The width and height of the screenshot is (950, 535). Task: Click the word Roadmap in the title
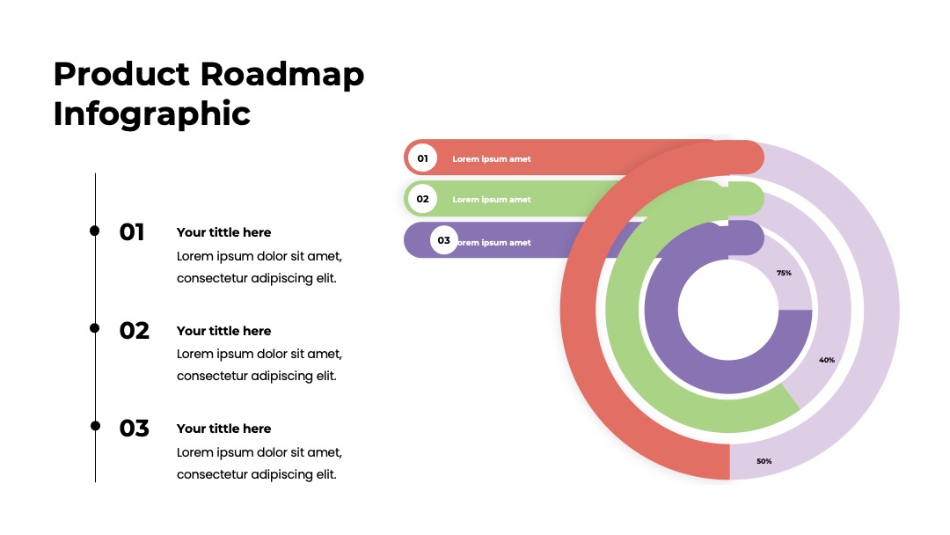[281, 75]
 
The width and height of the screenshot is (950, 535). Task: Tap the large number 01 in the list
[131, 232]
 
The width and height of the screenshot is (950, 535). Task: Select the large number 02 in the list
[134, 331]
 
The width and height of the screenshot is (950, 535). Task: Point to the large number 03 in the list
[134, 429]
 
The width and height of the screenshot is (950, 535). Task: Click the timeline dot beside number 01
[94, 231]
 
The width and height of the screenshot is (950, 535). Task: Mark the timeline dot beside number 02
[94, 328]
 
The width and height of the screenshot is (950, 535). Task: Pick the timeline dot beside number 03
[95, 426]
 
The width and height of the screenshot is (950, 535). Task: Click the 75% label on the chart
[784, 274]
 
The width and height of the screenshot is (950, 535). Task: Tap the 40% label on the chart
[827, 360]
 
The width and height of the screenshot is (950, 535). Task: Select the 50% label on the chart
[764, 461]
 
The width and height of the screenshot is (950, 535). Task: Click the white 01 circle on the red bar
[422, 158]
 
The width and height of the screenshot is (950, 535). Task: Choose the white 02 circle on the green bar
[422, 199]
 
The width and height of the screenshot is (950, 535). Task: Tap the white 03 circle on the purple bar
[444, 240]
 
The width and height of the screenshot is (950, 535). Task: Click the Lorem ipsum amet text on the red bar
[492, 158]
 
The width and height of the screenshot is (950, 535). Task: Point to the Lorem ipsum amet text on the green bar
[492, 200]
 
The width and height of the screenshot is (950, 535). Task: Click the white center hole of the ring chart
[728, 310]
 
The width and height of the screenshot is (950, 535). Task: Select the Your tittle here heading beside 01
[223, 232]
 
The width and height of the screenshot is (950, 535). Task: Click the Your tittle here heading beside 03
[223, 429]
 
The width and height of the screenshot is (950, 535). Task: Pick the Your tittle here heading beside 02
[223, 331]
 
